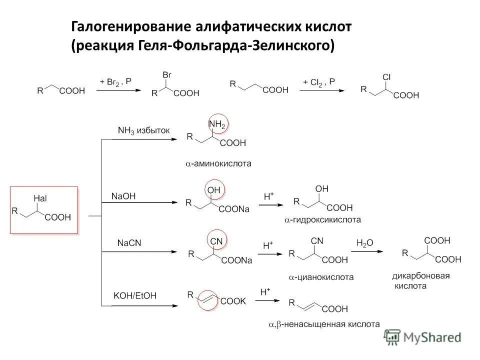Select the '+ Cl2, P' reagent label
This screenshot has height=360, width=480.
319,80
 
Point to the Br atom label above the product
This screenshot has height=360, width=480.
167,74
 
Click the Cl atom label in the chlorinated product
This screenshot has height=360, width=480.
386,77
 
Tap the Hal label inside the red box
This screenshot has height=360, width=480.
40,198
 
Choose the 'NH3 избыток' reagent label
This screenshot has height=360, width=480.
144,130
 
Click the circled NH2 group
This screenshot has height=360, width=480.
216,123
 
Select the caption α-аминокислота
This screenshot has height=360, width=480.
218,163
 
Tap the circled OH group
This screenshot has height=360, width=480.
214,190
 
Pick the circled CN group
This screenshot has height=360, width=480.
216,241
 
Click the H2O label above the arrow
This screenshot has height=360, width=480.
364,243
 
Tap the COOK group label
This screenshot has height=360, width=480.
233,301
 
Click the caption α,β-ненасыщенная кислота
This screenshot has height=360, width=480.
324,324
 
